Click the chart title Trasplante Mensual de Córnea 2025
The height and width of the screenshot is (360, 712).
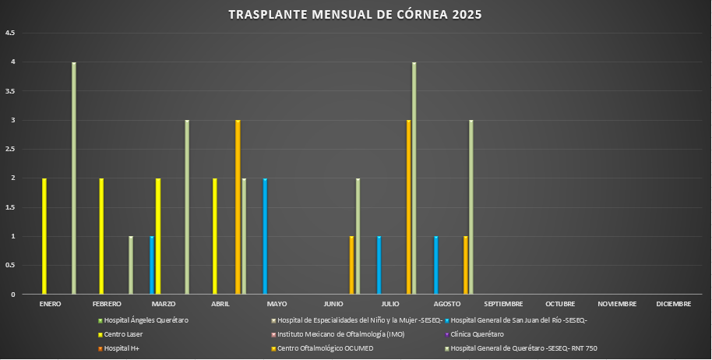pyautogui.click(x=354, y=15)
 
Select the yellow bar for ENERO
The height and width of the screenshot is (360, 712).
pyautogui.click(x=44, y=236)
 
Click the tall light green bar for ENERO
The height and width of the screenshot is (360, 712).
pyautogui.click(x=74, y=178)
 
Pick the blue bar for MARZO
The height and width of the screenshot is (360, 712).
pyautogui.click(x=152, y=265)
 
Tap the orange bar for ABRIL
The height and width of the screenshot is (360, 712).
pyautogui.click(x=238, y=207)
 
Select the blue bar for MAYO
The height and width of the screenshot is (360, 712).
pyautogui.click(x=266, y=236)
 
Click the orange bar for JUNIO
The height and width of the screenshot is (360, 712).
pyautogui.click(x=351, y=265)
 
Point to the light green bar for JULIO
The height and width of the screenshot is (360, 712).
pyautogui.click(x=414, y=178)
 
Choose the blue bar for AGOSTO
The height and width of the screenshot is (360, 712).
pyautogui.click(x=436, y=265)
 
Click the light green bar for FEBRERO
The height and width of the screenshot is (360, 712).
pyautogui.click(x=131, y=265)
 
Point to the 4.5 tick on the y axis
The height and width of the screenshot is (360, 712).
pyautogui.click(x=10, y=33)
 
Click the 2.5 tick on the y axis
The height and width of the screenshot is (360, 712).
pyautogui.click(x=10, y=149)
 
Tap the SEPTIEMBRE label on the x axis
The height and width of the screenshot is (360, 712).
pyautogui.click(x=503, y=304)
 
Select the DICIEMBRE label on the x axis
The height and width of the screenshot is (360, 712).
pyautogui.click(x=673, y=304)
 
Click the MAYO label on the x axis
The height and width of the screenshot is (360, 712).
pyautogui.click(x=277, y=304)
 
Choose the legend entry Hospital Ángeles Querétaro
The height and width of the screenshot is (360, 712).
pyautogui.click(x=146, y=320)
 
